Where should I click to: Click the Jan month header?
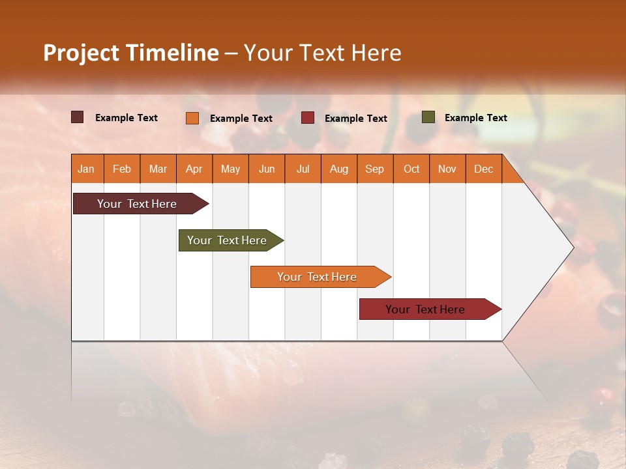[x=86, y=169]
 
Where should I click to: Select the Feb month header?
[x=122, y=169]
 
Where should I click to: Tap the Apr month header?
[x=194, y=169]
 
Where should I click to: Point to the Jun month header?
[x=267, y=169]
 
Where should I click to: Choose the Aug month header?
[x=339, y=169]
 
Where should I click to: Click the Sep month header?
[x=375, y=169]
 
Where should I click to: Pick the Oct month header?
[x=411, y=169]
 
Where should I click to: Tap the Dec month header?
[x=484, y=169]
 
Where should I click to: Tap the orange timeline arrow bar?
[x=318, y=277]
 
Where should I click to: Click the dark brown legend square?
[x=78, y=117]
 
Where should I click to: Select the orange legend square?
[x=192, y=118]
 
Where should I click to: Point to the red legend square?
[x=308, y=118]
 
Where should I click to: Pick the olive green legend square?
[x=428, y=117]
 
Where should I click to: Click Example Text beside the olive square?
[x=475, y=117]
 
